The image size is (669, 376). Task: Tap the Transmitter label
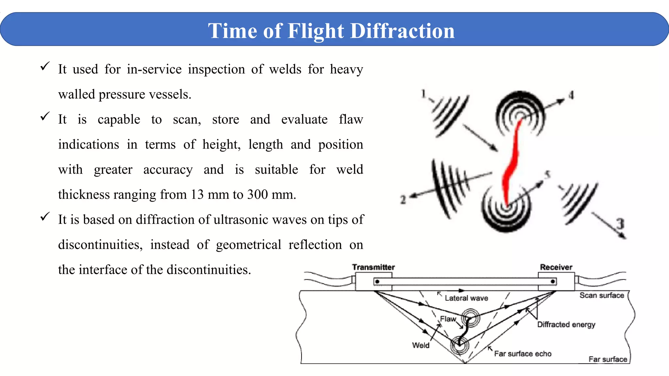pos(373,267)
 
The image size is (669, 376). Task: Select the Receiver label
pos(556,267)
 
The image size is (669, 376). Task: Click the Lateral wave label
pos(466,298)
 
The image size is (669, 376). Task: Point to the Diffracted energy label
pos(566,324)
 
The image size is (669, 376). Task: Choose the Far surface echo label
pos(523,354)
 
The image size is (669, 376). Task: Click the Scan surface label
pos(602,295)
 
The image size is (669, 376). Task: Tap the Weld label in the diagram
pos(420,345)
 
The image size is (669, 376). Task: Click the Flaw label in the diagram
pos(448,319)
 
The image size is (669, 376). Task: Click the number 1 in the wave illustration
pos(424,94)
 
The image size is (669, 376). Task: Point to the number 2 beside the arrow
pos(403,199)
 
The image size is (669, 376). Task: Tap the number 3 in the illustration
pos(620,224)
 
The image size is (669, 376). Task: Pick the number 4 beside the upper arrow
pos(571,95)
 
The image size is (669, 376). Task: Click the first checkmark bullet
pos(45,66)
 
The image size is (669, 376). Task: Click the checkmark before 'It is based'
pos(45,216)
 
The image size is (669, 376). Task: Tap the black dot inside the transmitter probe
pos(377,281)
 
